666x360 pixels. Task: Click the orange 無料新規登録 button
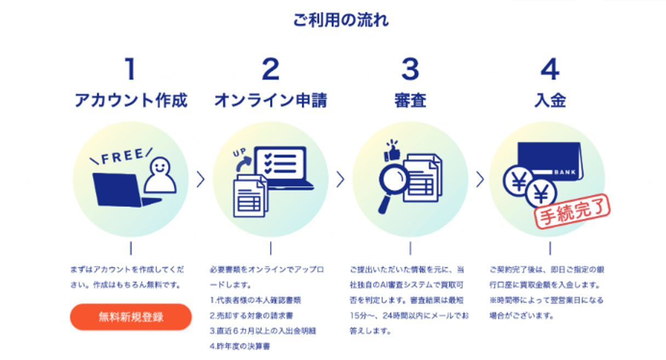[131, 317]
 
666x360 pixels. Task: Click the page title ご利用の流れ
[341, 21]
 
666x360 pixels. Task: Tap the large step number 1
[130, 70]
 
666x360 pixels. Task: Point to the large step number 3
[410, 70]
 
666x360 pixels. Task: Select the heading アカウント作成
[131, 100]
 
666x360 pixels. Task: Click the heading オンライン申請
[271, 100]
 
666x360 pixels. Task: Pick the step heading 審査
[410, 100]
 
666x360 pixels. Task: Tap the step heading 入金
[549, 100]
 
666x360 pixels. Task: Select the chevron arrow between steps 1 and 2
[200, 179]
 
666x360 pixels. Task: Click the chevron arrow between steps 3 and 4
[480, 179]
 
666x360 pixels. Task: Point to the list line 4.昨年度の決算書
[240, 346]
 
